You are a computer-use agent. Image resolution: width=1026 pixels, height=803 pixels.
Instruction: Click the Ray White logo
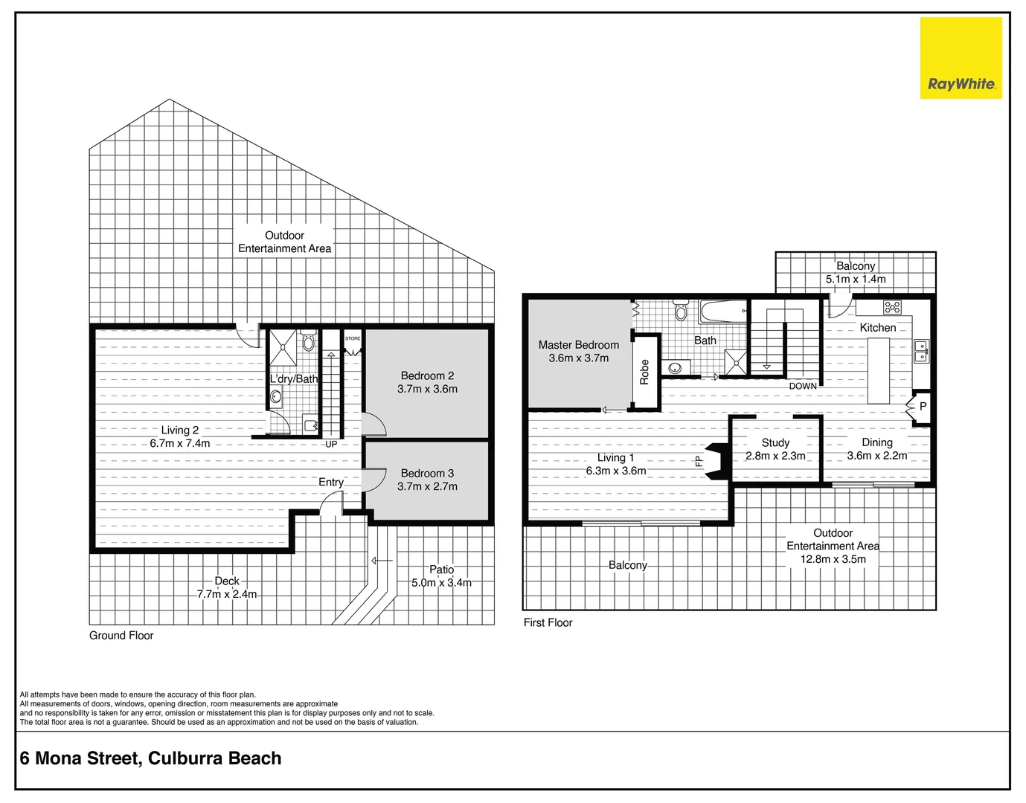(961, 59)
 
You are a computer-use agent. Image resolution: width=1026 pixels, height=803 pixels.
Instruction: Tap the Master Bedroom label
(578, 345)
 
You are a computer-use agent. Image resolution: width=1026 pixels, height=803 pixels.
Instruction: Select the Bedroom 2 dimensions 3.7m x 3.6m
(427, 389)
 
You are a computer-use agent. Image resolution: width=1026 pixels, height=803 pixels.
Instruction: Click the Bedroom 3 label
(427, 473)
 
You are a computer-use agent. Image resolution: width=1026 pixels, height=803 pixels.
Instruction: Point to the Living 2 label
(180, 430)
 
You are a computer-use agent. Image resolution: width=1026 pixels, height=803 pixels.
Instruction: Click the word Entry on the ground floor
(331, 483)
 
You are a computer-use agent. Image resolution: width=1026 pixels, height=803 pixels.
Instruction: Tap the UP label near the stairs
(331, 445)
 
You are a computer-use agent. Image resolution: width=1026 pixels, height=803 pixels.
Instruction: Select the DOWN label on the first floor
(803, 386)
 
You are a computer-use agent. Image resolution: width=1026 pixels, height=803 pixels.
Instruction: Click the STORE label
(353, 338)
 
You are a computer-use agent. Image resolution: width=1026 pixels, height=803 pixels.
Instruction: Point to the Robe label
(644, 372)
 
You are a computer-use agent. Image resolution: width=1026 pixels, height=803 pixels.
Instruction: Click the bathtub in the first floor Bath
(723, 312)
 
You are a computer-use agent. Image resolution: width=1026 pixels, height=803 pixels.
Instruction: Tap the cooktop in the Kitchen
(892, 306)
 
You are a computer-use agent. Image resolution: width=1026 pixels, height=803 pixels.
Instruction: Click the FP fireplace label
(699, 462)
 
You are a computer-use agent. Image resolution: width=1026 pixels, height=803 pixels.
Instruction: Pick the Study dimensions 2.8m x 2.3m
(775, 456)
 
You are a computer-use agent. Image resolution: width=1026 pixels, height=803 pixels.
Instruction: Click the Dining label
(877, 442)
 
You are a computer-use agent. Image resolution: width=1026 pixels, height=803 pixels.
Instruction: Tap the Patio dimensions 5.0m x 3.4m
(441, 583)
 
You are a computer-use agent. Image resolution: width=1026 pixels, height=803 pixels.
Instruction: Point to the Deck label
(227, 581)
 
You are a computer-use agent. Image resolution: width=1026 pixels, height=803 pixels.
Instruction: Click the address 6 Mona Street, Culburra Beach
(151, 758)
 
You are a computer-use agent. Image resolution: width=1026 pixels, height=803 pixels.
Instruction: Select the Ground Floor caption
(121, 636)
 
